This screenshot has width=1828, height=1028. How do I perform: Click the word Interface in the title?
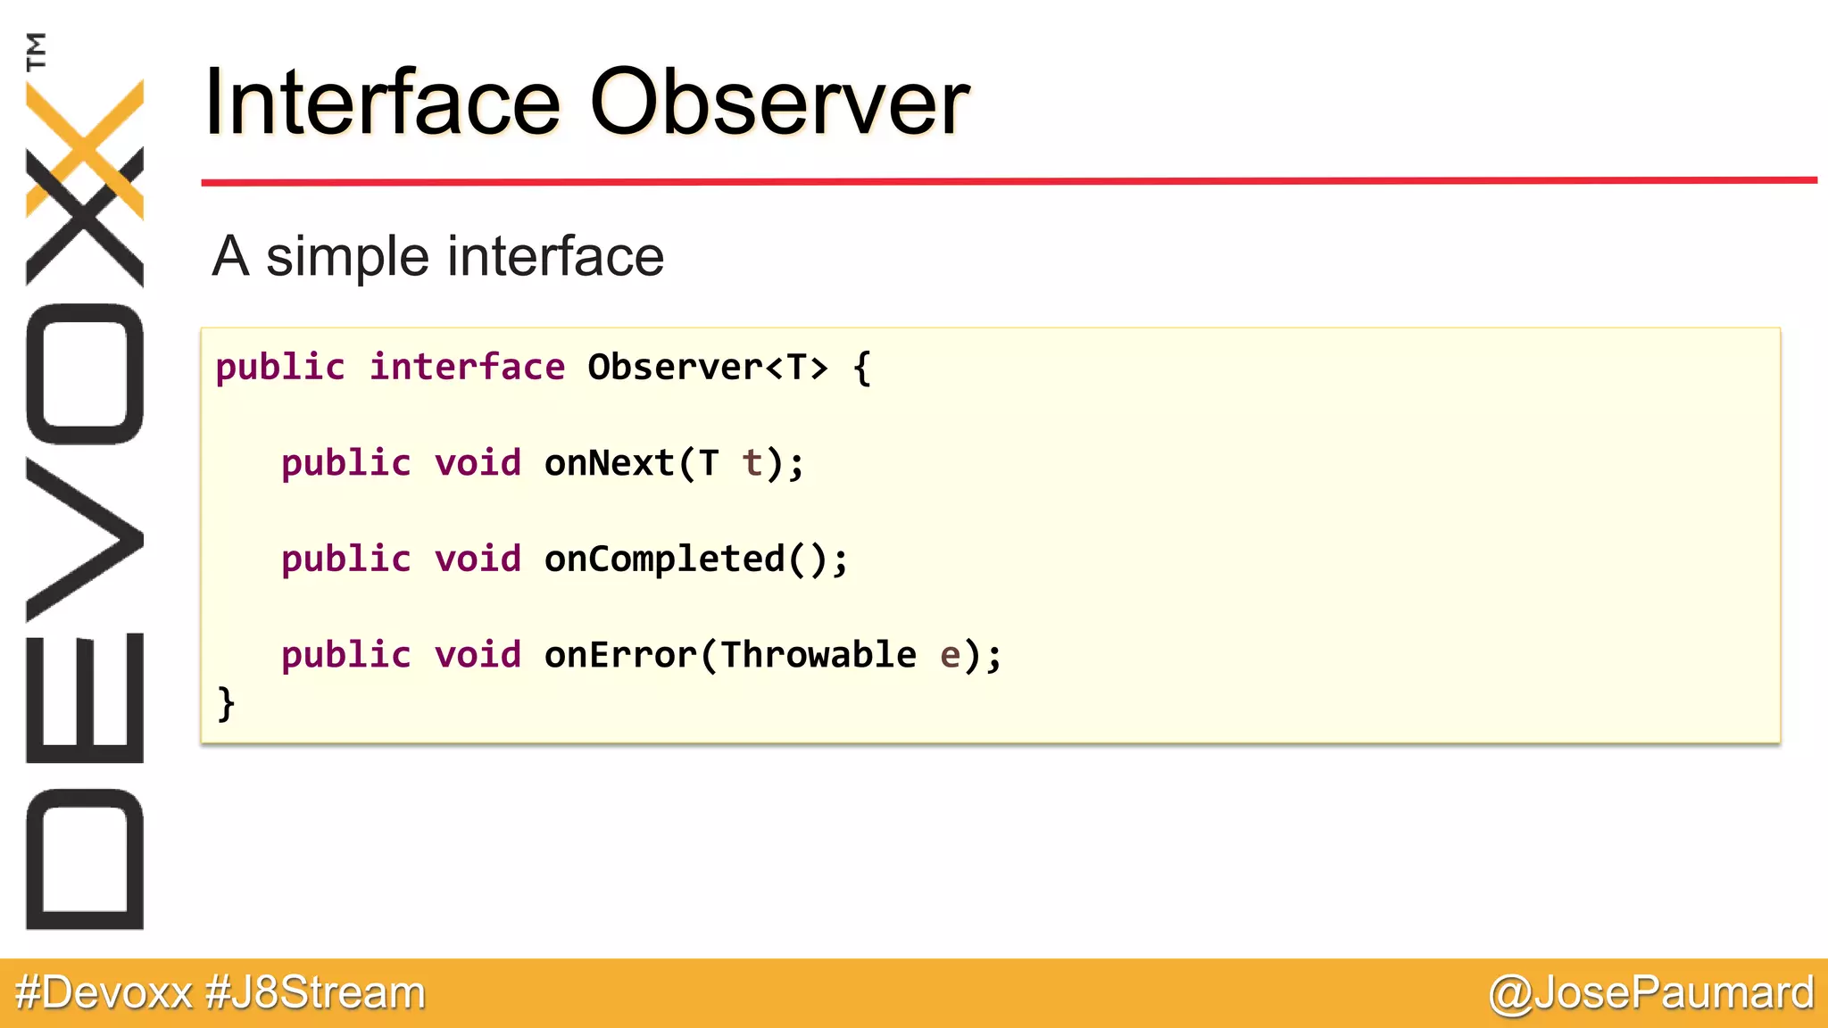382,104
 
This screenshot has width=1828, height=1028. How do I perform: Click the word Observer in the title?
779,104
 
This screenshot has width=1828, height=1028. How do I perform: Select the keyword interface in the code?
467,368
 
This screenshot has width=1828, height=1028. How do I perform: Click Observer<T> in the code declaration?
707,368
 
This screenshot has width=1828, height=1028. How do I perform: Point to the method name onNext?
609,463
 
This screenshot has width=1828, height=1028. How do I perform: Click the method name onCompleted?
664,560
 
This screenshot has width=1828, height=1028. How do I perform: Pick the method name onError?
620,655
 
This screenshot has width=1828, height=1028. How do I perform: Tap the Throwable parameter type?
818,655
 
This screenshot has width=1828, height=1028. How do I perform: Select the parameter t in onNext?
752,463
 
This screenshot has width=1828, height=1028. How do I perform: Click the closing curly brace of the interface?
226,703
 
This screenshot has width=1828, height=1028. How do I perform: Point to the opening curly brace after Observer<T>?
861,368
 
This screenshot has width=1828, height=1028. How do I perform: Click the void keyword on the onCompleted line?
478,560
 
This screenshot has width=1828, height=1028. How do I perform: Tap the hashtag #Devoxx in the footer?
104,993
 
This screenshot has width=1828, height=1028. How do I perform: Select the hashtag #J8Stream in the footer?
315,993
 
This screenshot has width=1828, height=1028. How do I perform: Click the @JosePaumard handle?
1651,993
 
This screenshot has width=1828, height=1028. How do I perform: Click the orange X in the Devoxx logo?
85,147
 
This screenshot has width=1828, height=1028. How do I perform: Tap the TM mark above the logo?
37,51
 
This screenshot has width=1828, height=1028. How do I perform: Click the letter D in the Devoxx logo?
85,858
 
